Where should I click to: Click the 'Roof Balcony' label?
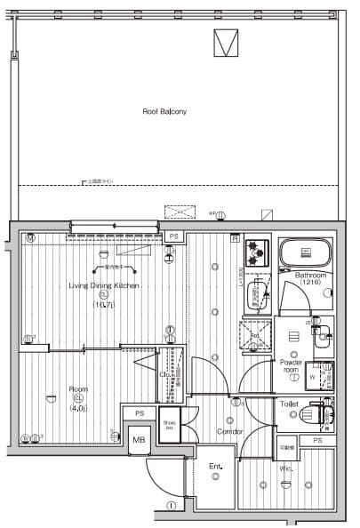(x=165, y=112)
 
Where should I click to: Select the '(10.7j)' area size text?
(x=104, y=304)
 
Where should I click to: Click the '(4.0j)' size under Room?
(x=77, y=408)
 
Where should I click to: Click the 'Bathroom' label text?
(x=311, y=276)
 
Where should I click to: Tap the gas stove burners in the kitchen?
(x=258, y=252)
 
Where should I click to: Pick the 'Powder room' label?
(x=292, y=365)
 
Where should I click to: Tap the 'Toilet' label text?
(x=289, y=403)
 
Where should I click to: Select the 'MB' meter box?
(x=139, y=440)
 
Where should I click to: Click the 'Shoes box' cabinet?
(x=169, y=424)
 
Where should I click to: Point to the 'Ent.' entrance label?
(x=215, y=466)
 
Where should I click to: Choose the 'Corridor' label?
(x=230, y=431)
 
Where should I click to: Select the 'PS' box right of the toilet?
(x=317, y=441)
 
